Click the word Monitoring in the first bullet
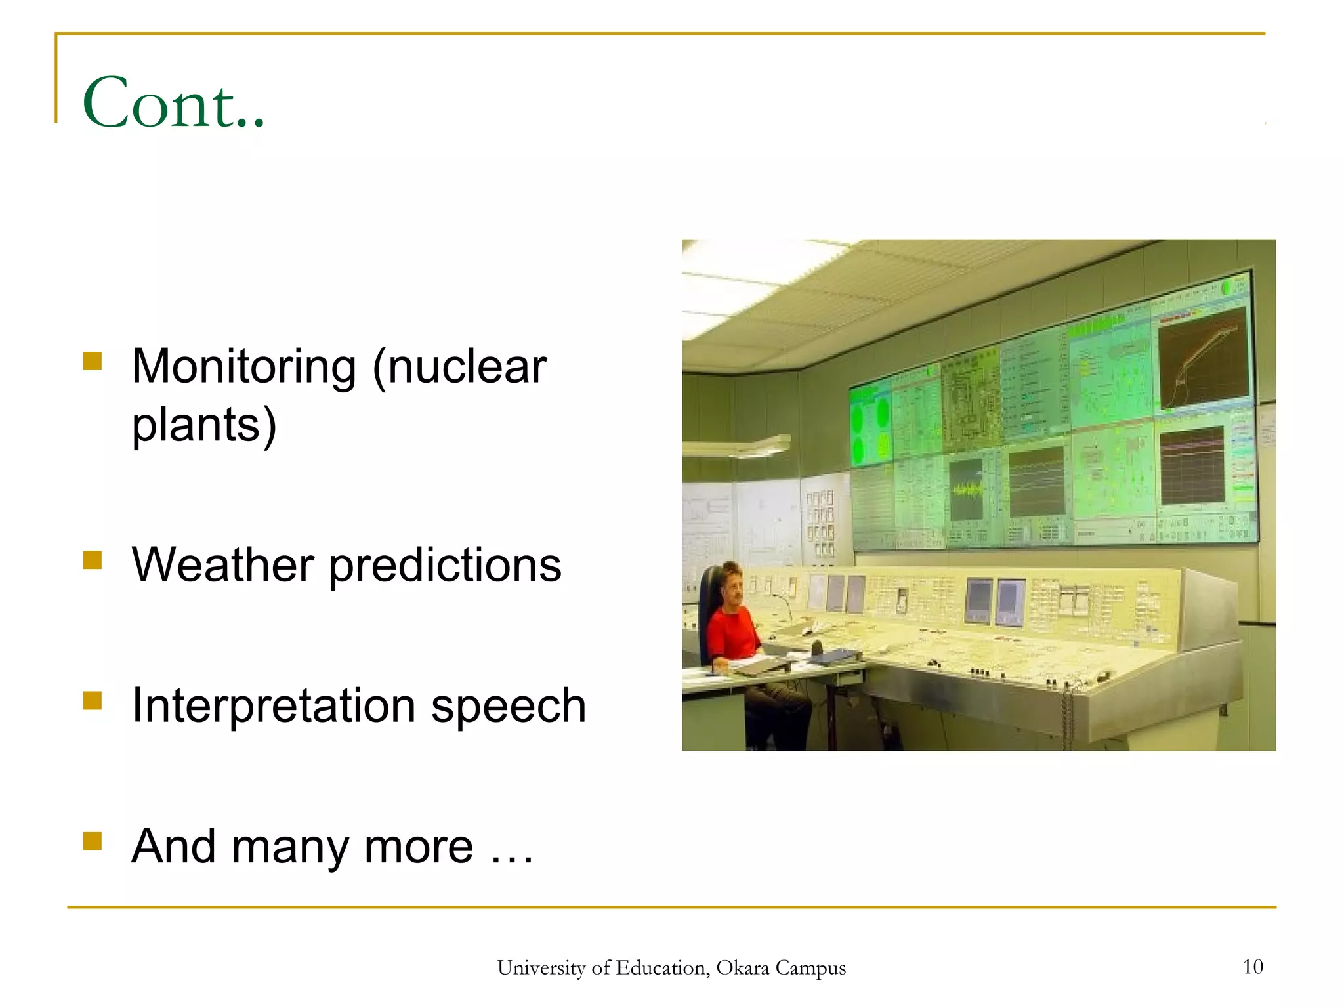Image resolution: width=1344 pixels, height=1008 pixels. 243,366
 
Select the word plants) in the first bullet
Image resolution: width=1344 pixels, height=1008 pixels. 204,425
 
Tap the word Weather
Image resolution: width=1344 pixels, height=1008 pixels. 223,565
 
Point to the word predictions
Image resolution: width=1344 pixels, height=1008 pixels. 445,565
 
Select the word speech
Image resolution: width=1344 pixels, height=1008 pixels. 509,706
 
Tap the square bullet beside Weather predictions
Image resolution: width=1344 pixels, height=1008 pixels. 93,560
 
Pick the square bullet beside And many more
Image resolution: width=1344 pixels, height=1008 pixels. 93,841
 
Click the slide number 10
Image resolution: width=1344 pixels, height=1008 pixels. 1253,967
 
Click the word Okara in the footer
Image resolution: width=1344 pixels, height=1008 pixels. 742,968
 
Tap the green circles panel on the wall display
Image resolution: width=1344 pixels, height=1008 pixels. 870,427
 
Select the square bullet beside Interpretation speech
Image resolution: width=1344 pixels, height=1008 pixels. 93,701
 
